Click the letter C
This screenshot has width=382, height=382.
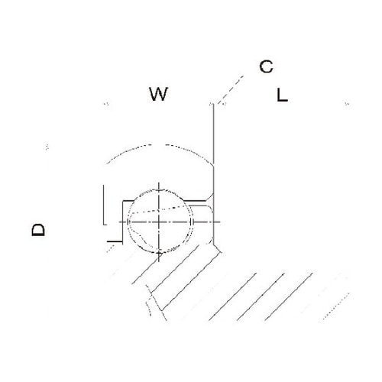coord(266,66)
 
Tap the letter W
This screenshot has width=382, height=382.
coord(158,94)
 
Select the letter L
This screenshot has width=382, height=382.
coord(282,95)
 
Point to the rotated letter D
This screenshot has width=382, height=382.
coord(38,230)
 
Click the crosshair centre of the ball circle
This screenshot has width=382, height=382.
coord(159,222)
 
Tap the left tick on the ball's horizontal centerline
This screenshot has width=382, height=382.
coord(127,222)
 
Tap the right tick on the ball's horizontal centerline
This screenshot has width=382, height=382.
coord(191,222)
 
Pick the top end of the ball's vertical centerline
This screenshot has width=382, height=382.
coord(159,183)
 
